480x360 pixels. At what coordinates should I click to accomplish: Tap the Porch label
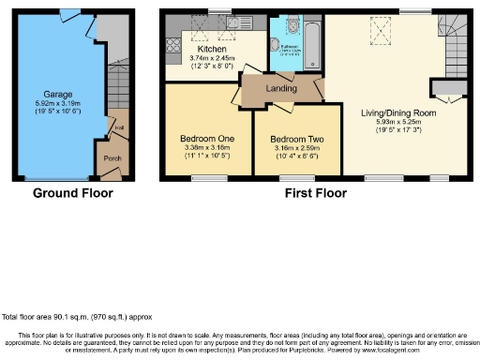click(112, 158)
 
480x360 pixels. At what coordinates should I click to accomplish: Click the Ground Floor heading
click(72, 193)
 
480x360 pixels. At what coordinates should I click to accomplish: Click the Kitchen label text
click(212, 49)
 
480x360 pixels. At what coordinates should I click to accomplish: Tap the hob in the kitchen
click(173, 42)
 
